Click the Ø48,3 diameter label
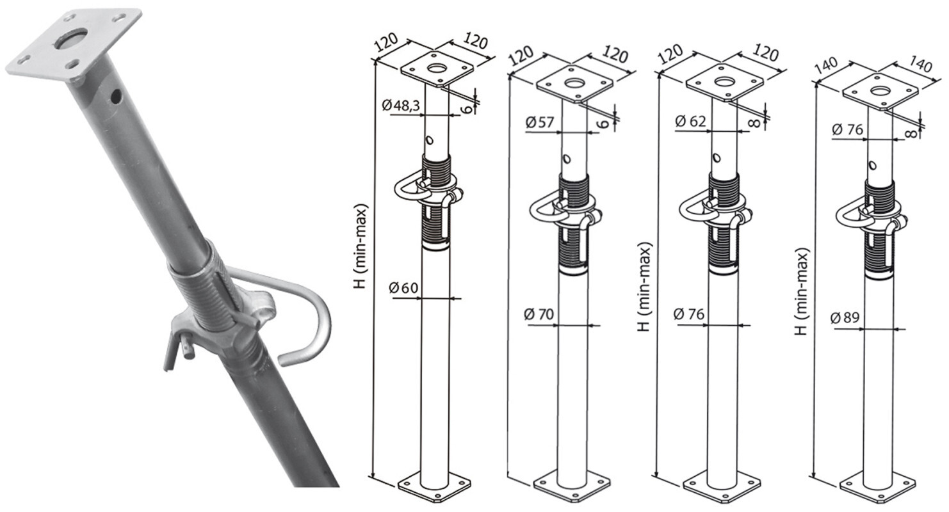pos(400,105)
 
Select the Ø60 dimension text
pos(403,288)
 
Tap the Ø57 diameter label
pos(540,122)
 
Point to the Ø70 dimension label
pos(539,314)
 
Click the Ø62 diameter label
pos(690,122)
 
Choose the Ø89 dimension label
pos(845,317)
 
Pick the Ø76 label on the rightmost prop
pos(847,129)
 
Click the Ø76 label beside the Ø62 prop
pos(688,314)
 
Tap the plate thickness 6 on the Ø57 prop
pos(605,123)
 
